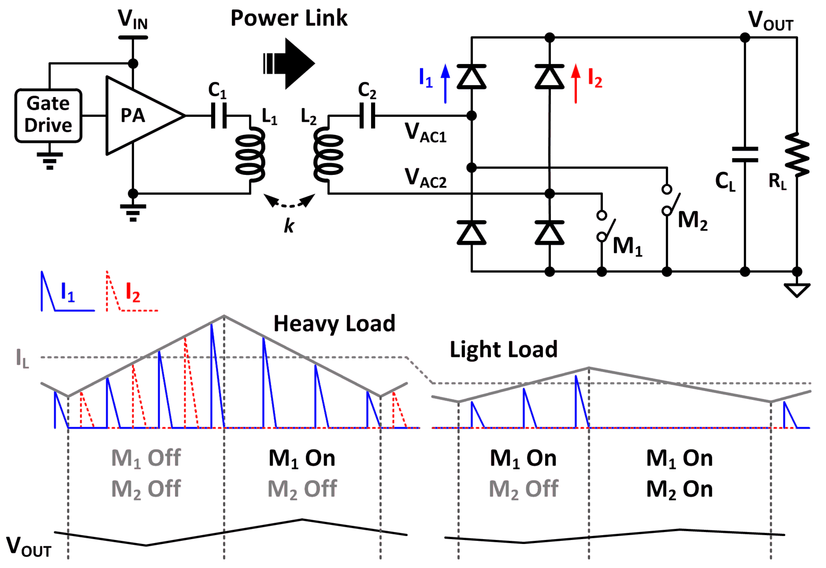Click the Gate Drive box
point(48,115)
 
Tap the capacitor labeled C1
point(218,115)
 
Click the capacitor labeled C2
point(367,115)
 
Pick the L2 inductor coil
point(328,155)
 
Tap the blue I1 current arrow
point(445,84)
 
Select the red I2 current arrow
point(575,84)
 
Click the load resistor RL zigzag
point(797,155)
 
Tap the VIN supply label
point(132,19)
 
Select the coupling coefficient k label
point(289,225)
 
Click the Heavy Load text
point(334,323)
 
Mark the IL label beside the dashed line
point(22,358)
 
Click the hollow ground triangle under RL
point(797,289)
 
